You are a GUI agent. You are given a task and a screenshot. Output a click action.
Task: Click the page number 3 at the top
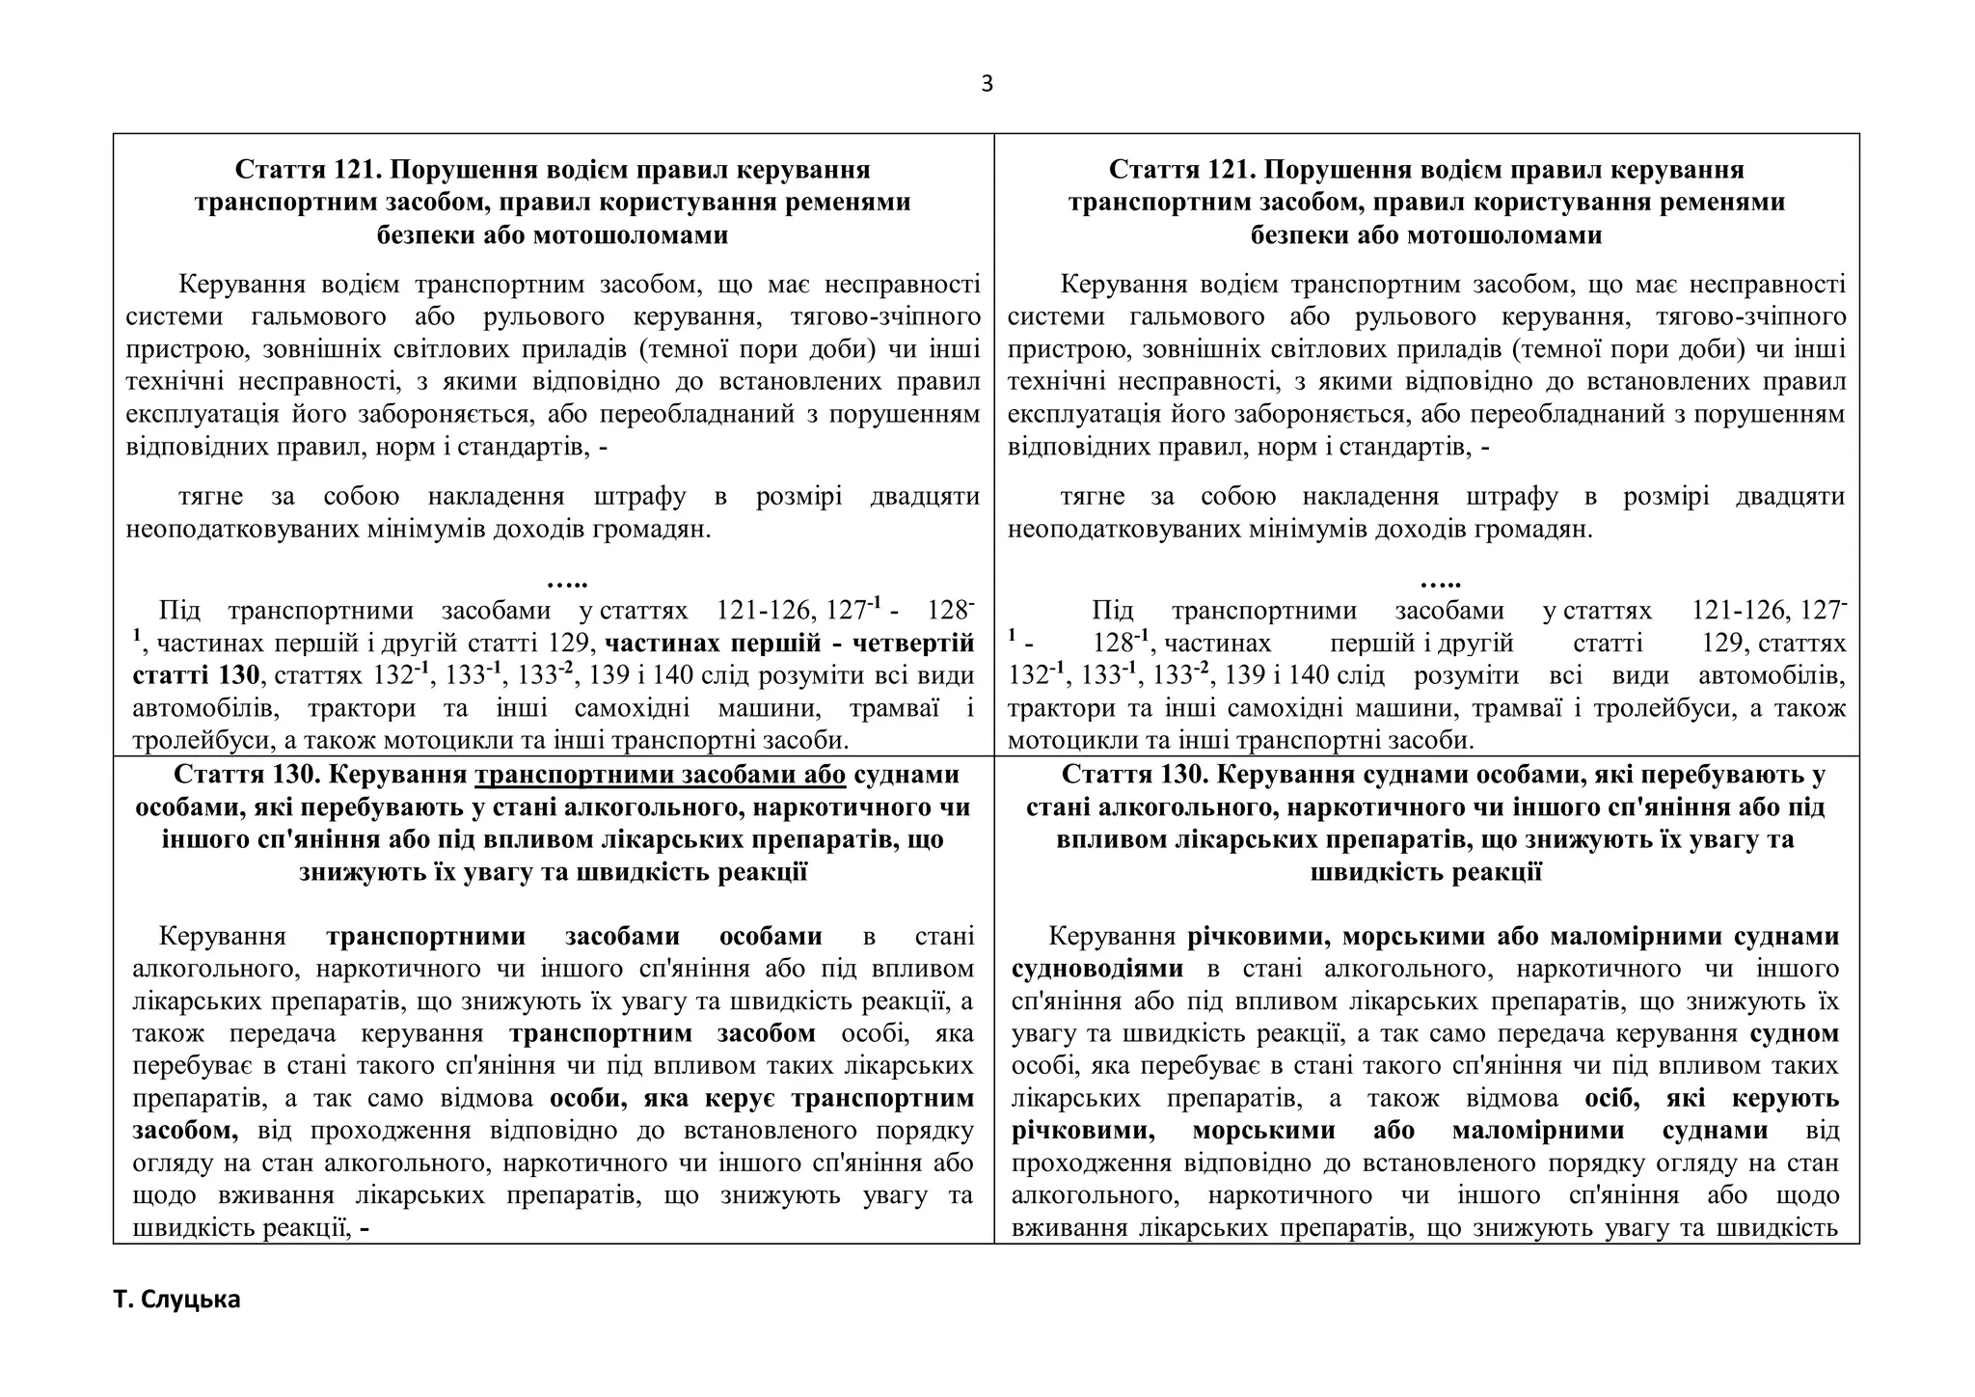coord(987,84)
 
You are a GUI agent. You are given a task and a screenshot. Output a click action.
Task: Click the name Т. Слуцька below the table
coord(176,1299)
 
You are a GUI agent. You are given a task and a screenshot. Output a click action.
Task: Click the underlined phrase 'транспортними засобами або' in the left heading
coord(661,775)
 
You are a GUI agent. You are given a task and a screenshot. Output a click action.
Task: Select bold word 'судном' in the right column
coord(1795,1033)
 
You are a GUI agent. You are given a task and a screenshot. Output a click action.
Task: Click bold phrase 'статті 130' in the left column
coord(197,674)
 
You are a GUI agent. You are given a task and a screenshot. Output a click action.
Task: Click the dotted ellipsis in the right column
coord(1441,582)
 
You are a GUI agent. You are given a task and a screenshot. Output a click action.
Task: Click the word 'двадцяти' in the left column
coord(925,497)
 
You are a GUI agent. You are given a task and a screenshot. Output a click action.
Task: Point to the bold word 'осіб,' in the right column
coord(1610,1098)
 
